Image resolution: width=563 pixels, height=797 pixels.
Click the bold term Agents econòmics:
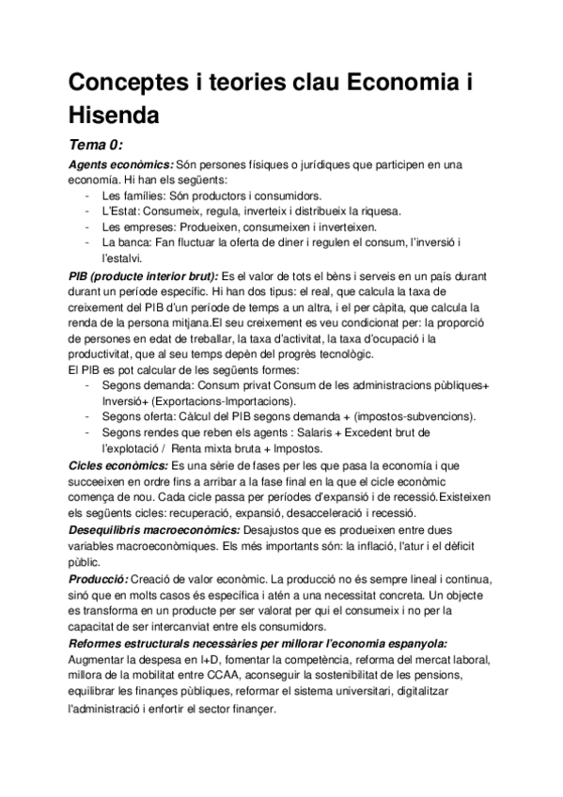click(120, 165)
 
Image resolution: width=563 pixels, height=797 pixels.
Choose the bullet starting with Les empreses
click(239, 227)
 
